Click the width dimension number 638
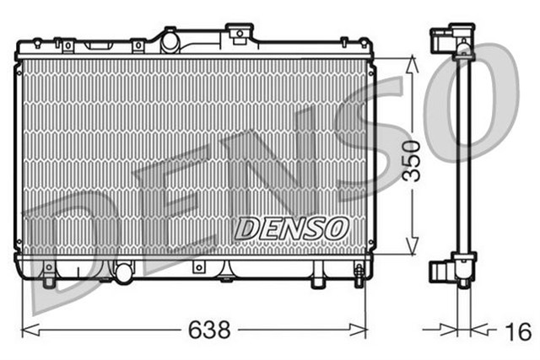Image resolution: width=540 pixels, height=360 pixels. click(210, 330)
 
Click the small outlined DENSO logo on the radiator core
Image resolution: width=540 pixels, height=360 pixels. click(291, 227)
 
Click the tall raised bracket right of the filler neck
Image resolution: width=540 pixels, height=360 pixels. click(240, 34)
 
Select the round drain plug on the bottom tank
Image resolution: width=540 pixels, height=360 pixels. click(124, 272)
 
